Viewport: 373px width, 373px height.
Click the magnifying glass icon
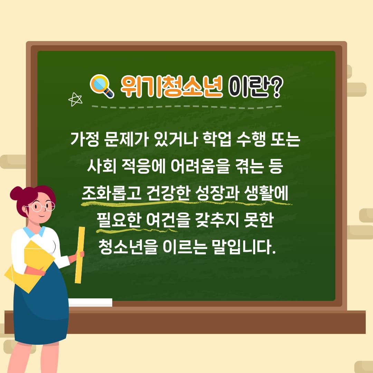pos(101,86)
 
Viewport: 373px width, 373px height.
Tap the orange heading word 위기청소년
pos(172,86)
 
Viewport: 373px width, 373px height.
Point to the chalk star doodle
pos(75,99)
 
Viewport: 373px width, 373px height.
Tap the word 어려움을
pos(200,166)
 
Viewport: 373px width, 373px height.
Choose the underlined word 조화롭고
pos(112,193)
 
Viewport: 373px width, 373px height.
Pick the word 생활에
pos(266,193)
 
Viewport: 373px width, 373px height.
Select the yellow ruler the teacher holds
pos(80,255)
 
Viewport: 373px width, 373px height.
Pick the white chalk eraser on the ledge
pos(90,302)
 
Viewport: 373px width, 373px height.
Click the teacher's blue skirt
pos(40,307)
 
